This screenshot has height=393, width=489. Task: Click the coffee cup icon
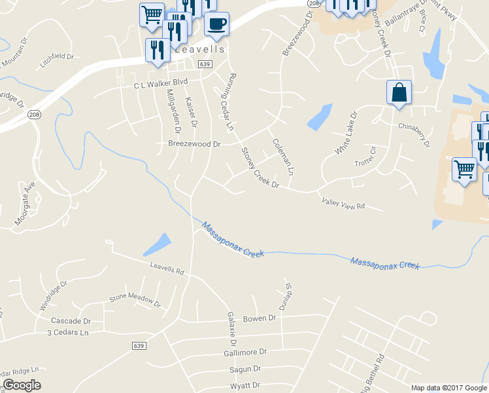pos(216,24)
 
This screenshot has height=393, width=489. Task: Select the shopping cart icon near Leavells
pos(152,14)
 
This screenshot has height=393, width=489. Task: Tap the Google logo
pos(22,385)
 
